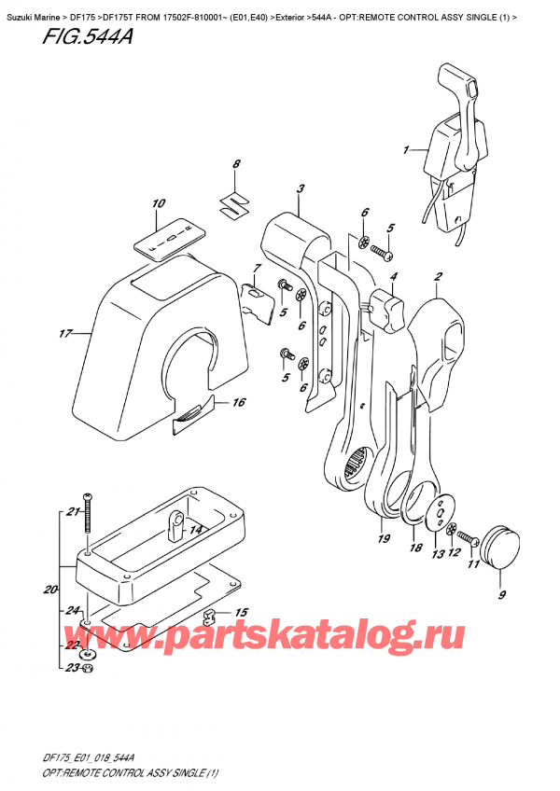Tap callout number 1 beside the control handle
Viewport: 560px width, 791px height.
pos(406,149)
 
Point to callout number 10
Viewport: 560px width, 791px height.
pos(158,203)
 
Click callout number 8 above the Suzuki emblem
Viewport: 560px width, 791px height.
pos(236,165)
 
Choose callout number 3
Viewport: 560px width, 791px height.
pos(301,189)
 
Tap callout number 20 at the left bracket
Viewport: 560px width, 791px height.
pos(49,590)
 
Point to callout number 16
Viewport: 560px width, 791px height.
pos(239,402)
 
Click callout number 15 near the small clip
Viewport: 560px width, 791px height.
pos(242,612)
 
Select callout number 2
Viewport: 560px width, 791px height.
pos(438,276)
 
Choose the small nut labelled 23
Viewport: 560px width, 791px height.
pos(87,668)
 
